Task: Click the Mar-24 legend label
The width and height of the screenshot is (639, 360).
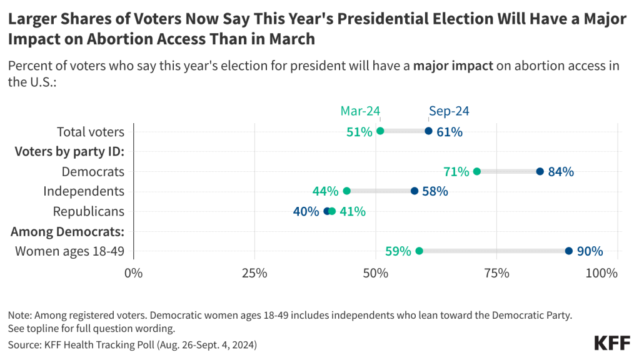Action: (360, 111)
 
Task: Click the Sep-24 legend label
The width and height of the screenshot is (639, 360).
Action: (449, 111)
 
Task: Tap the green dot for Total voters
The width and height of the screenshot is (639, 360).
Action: (380, 131)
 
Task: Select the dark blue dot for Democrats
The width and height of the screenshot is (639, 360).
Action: (540, 171)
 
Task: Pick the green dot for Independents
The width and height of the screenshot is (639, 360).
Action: (347, 191)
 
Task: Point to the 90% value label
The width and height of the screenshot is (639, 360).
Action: (590, 251)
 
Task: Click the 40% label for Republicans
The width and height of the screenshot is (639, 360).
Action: (306, 211)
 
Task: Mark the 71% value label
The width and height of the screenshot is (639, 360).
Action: (456, 171)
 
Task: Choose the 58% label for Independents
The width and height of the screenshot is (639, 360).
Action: (435, 191)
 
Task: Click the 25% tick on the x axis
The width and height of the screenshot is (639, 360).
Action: (254, 273)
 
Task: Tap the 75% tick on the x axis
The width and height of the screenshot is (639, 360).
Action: (496, 273)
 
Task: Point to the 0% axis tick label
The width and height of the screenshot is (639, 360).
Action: (134, 273)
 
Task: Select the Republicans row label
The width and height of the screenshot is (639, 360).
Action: (89, 211)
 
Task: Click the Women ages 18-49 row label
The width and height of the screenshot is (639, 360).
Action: (70, 251)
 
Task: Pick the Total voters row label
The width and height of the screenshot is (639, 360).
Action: (91, 132)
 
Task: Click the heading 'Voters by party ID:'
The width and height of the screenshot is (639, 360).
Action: (69, 151)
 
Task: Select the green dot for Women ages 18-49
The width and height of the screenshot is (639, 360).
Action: (419, 251)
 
